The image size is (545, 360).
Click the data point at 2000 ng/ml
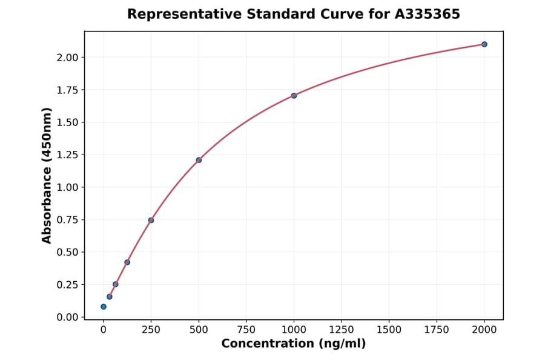coord(484,44)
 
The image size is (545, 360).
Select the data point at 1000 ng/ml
coord(294,96)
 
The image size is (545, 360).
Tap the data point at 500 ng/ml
coord(199,160)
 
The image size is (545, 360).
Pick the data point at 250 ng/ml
coord(151,220)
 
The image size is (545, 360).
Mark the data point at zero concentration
coord(104,307)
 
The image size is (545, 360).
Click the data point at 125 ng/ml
coord(127,262)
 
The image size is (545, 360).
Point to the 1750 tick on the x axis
coord(437,330)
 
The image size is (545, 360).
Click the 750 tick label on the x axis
coord(246,330)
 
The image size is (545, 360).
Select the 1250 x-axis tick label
coord(342,330)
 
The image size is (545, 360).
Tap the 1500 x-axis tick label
coord(389,330)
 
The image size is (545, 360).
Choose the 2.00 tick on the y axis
coord(67,58)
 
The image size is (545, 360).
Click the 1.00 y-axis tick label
coord(67,187)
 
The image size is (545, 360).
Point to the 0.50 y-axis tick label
coord(67,252)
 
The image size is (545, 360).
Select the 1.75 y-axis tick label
coord(67,90)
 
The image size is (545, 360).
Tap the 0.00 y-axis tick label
coord(67,317)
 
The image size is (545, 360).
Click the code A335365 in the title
coord(428,14)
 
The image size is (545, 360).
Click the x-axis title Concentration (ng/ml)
coord(294,344)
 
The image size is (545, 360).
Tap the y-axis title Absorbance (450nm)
coord(47,176)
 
